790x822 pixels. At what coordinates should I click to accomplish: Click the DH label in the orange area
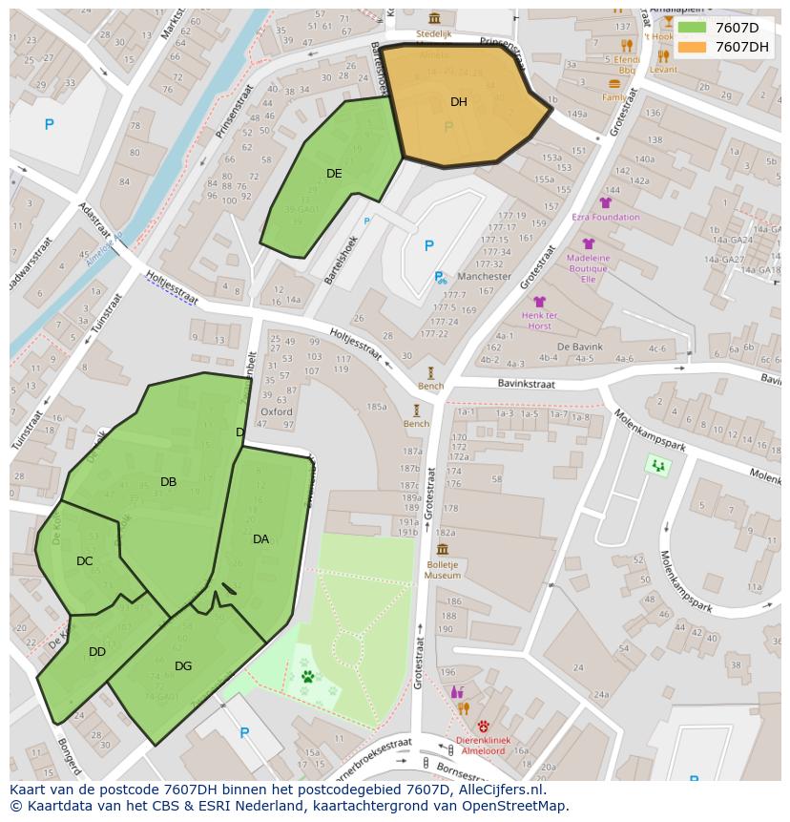click(x=459, y=102)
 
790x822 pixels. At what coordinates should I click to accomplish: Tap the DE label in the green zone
click(x=334, y=174)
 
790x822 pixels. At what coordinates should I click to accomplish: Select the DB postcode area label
click(x=168, y=482)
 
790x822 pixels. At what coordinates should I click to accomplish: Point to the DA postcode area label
click(x=260, y=539)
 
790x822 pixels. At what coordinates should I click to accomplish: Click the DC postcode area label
click(x=85, y=561)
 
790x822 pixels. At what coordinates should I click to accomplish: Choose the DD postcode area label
click(x=97, y=652)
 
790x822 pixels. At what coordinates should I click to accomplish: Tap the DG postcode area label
click(x=183, y=666)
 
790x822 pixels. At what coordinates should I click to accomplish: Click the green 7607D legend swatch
click(x=693, y=28)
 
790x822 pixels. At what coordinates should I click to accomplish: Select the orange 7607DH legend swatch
click(x=693, y=47)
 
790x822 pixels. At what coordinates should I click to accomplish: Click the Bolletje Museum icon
click(x=443, y=549)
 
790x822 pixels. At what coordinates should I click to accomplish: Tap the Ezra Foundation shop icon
click(x=605, y=202)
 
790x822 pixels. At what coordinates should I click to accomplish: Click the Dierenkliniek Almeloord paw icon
click(x=484, y=726)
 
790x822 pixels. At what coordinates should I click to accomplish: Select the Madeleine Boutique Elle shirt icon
click(x=589, y=243)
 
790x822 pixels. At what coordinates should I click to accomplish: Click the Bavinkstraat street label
click(x=526, y=383)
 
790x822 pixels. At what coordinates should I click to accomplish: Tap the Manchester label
click(x=484, y=277)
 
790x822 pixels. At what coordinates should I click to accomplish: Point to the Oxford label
click(x=277, y=412)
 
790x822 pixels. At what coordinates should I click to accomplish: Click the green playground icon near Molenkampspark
click(x=657, y=466)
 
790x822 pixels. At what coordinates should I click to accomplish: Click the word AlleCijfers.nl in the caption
click(x=497, y=790)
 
